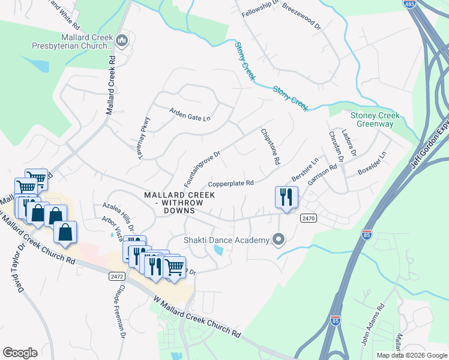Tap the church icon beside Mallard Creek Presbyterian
click(122, 40)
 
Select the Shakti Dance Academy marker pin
click(279, 241)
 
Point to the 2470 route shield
click(309, 219)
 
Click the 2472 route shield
click(117, 277)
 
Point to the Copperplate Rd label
click(231, 184)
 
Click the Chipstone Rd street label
click(270, 147)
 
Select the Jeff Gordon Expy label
click(430, 141)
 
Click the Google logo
click(20, 353)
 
